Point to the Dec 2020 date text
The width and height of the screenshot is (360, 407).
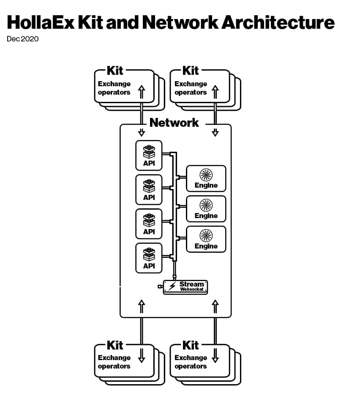[x=22, y=39]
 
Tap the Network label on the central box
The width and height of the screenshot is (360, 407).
[x=174, y=123]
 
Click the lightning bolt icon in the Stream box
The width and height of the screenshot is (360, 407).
[x=172, y=287]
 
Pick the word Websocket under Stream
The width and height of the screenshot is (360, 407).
[x=192, y=290]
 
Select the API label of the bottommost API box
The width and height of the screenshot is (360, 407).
[x=149, y=266]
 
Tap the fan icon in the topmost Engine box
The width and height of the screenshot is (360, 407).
[x=206, y=175]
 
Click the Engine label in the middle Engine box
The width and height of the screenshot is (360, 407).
[x=206, y=216]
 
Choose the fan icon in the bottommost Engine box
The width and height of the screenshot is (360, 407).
[x=206, y=235]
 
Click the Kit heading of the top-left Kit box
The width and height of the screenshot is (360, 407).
[x=115, y=70]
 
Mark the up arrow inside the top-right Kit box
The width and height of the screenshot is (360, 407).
[x=215, y=90]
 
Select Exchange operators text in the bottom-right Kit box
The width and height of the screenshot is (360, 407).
[x=191, y=362]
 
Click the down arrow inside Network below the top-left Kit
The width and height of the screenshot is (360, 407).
[x=142, y=132]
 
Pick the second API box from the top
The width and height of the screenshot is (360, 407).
[x=149, y=189]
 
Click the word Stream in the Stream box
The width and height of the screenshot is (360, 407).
[x=191, y=284]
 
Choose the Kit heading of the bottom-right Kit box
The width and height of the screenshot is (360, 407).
[x=191, y=345]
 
